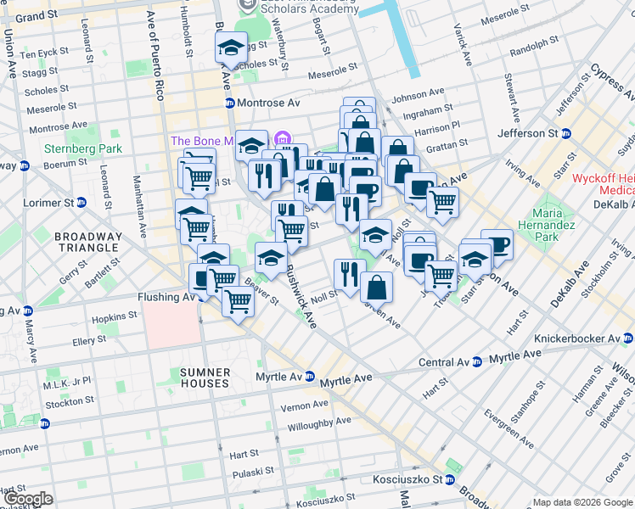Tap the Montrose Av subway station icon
tap(229, 103)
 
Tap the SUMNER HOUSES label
tap(205, 378)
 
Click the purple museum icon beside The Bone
tap(283, 138)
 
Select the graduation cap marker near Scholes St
tap(230, 51)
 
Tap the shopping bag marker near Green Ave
tap(376, 288)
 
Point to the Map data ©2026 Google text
tap(582, 502)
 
